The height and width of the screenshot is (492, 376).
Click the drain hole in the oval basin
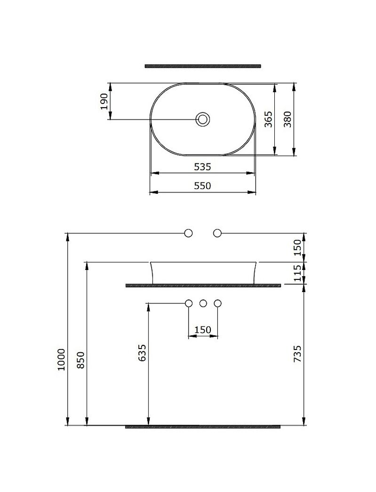tap(203, 119)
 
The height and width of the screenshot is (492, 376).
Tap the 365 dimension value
tap(268, 119)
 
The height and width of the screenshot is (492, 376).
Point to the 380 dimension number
tap(288, 119)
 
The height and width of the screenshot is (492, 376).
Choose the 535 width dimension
tap(202, 167)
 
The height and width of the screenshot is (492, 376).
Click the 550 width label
tap(202, 186)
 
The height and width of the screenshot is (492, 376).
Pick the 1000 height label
tap(61, 359)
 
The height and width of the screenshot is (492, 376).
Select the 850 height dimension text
tap(80, 360)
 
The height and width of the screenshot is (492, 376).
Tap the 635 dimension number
tap(142, 353)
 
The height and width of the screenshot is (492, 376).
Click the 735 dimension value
tap(297, 354)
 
